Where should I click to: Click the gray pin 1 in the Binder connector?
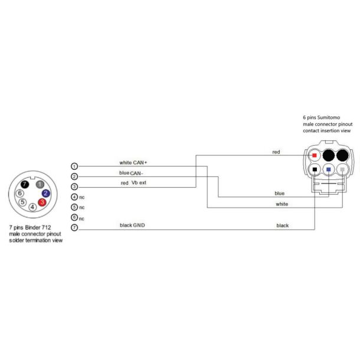tap(40, 184)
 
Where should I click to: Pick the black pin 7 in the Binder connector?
tap(25, 184)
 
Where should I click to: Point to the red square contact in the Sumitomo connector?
tap(315, 156)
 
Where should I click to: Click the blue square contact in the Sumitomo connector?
tap(328, 169)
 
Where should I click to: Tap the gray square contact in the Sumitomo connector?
tap(342, 169)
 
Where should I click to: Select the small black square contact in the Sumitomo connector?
tap(315, 169)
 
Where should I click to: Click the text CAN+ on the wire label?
tap(140, 162)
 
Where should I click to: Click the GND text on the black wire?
tap(139, 225)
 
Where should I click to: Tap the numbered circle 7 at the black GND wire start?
tap(74, 227)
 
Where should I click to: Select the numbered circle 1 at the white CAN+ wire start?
tap(74, 166)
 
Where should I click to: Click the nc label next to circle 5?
tap(83, 207)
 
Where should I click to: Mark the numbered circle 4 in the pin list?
tap(74, 197)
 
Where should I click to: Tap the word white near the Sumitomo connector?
tap(282, 204)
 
